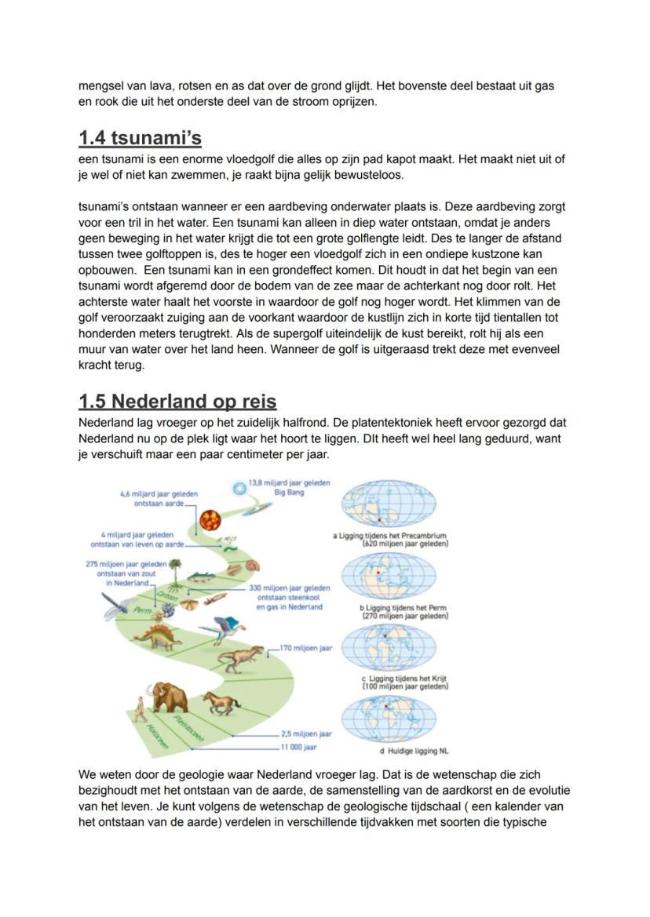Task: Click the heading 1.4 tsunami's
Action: [140, 139]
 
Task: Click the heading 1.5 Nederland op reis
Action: [177, 402]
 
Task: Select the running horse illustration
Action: [221, 701]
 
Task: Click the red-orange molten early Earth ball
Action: [210, 519]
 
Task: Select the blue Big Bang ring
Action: [239, 489]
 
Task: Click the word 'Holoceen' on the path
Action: [154, 737]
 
